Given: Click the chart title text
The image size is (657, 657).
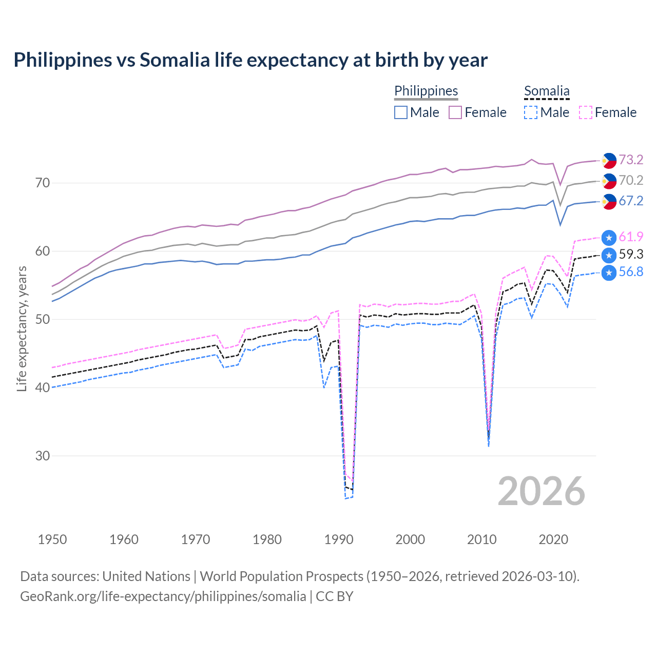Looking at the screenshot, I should click(250, 60).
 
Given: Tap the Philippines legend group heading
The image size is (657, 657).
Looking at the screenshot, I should click(426, 91).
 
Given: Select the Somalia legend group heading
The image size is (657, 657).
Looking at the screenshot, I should click(547, 91).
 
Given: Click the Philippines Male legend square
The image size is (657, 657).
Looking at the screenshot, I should click(401, 112).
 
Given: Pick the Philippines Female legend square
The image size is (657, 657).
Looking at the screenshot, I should click(455, 112).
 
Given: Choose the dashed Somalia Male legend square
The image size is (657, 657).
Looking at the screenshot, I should click(531, 112).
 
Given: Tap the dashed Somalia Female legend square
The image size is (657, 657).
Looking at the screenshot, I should click(586, 112).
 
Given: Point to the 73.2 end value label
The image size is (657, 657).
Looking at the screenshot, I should click(631, 160).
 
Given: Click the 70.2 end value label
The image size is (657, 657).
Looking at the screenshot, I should click(631, 180).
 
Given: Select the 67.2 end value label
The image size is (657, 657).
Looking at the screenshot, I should click(631, 201).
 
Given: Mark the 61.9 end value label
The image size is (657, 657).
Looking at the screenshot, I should click(631, 237).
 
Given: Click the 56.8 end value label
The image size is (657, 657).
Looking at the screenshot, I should click(631, 272).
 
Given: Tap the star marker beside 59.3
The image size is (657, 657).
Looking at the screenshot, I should click(609, 255).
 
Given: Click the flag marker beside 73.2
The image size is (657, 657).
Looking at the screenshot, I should click(609, 160).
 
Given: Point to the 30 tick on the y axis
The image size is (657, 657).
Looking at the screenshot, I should click(43, 456).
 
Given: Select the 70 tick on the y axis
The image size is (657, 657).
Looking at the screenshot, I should click(43, 183).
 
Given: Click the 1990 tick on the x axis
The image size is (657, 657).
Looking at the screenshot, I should click(339, 539).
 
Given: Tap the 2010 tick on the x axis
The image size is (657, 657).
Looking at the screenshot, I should click(482, 539).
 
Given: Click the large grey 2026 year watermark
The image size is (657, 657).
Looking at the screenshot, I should click(542, 491).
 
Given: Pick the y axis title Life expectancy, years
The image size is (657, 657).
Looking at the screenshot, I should click(22, 328).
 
